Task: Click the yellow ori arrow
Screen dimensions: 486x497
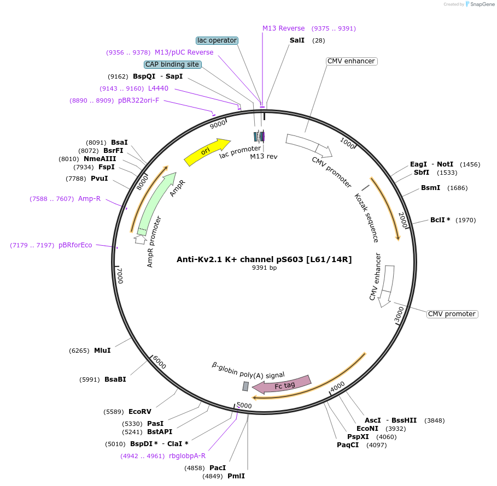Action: pos(207,151)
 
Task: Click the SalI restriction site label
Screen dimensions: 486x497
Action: pos(297,40)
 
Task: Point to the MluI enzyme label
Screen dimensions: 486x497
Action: pos(102,351)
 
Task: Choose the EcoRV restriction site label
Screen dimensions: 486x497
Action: pos(140,412)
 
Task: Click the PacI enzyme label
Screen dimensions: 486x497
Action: pos(218,468)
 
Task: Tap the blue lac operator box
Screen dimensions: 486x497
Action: pos(217,40)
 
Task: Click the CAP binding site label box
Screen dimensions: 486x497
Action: pos(172,64)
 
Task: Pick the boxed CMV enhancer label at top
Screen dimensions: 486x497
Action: pos(352,61)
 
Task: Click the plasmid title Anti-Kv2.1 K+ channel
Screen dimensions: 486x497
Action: pos(264,259)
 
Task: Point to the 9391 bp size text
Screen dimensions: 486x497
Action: pos(264,268)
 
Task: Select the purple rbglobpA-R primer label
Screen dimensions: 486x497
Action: pos(188,456)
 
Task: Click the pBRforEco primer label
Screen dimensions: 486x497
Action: pos(75,245)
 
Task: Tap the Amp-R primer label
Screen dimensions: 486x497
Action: pos(90,199)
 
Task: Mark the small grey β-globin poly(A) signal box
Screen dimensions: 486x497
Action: pos(245,386)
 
